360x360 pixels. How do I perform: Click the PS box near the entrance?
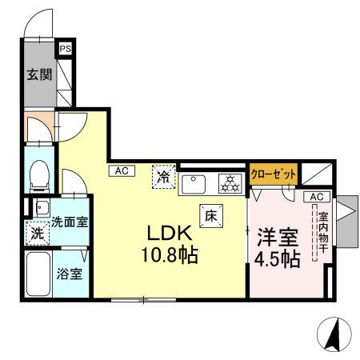coord(65,48)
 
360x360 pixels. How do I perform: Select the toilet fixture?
coord(38,174)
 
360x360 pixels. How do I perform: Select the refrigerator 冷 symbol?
coord(164,174)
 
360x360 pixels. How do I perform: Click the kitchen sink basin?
coord(196,183)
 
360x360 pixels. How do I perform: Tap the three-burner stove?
coord(231,183)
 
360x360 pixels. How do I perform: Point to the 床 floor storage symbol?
coord(211,214)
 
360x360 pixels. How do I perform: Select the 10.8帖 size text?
coord(170,258)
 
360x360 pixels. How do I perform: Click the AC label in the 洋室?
coord(315,197)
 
